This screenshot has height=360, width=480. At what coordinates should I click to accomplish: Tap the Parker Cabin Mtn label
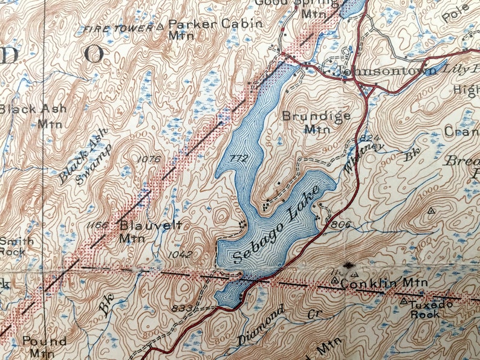[215, 29]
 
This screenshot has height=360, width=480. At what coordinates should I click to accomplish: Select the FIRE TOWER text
[118, 28]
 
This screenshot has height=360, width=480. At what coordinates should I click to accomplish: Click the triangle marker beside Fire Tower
[160, 27]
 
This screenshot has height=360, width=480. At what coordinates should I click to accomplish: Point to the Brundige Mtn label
[316, 121]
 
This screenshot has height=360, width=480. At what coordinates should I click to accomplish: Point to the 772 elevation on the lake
[240, 158]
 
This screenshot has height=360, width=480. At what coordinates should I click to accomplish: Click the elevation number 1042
[180, 254]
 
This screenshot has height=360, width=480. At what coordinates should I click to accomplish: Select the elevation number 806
[341, 224]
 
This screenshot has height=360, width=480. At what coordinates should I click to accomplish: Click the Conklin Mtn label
[384, 283]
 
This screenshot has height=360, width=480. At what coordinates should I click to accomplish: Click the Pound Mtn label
[44, 346]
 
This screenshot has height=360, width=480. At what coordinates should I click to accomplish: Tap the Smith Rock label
[16, 246]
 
